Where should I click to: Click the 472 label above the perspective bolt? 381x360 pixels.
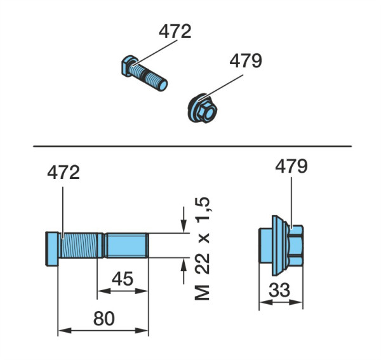coord(175,31)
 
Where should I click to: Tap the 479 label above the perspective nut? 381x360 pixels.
coord(246,61)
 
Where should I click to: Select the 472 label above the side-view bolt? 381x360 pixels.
coord(63,172)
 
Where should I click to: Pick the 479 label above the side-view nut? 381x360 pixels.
coord(291,166)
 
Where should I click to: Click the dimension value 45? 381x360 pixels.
coord(123,279)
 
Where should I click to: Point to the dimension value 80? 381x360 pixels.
coord(104,319)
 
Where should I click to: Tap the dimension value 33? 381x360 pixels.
coord(279,290)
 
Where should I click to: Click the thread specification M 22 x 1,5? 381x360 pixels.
coord(203,248)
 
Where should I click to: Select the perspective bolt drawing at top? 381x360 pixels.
coord(144,73)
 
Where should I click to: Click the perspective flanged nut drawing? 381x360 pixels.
coord(202,109)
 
